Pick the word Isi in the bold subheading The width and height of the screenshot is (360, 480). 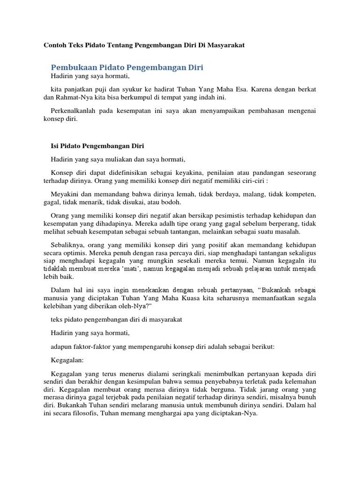53,146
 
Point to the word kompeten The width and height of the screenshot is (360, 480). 301,194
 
